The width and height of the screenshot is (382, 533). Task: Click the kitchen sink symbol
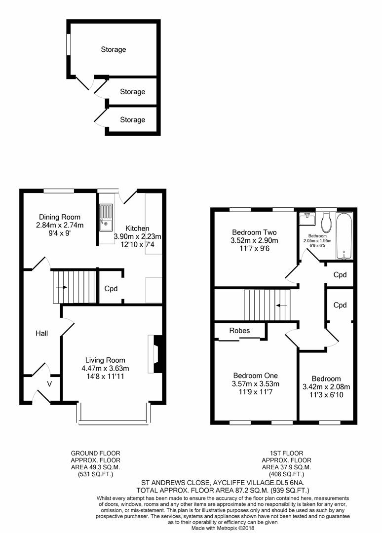[x=106, y=218]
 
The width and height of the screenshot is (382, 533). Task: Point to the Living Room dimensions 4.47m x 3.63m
[x=105, y=368]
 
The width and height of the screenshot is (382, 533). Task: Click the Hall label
[x=41, y=334]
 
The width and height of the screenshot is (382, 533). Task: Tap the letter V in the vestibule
[x=49, y=383]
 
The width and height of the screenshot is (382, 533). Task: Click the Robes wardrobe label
[x=240, y=331]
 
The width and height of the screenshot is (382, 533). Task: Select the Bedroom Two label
[x=254, y=232]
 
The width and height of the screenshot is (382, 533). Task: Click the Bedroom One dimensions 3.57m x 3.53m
[x=256, y=384]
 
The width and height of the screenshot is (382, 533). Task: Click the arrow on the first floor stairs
[x=282, y=305]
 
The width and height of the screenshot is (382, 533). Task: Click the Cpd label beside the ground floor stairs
[x=110, y=289]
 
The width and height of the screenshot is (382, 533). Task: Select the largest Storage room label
[x=114, y=49]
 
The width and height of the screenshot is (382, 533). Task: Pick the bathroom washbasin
[x=307, y=219]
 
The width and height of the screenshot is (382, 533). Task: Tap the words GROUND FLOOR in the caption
[x=95, y=453]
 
